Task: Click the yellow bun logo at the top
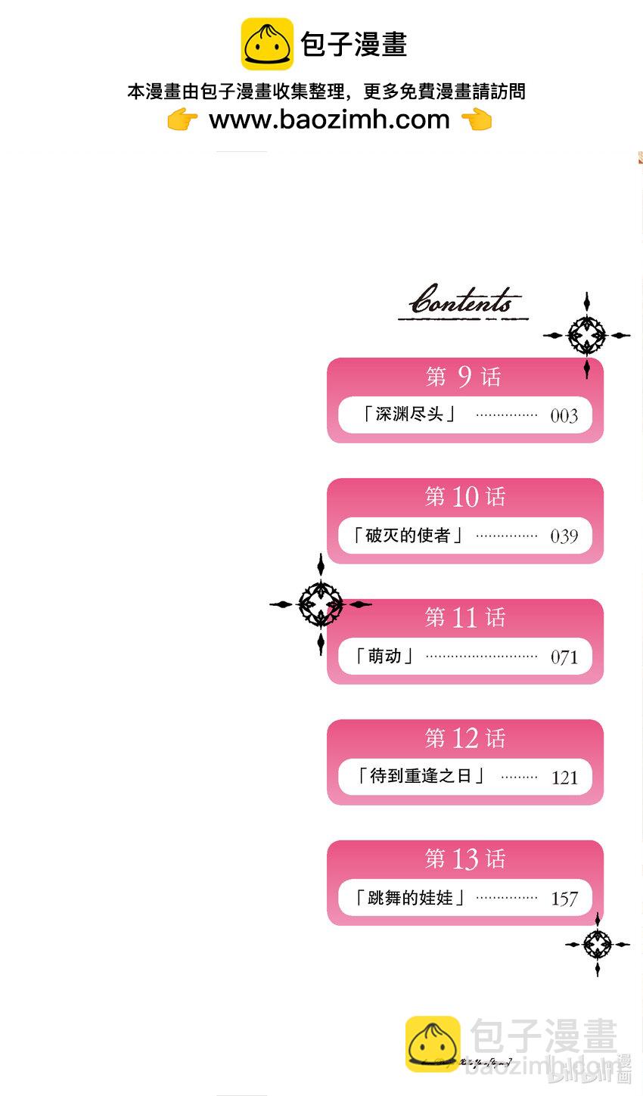point(267,44)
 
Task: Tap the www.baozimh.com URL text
point(329,119)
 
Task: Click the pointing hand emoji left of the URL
point(182,120)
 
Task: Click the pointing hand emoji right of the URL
point(477,120)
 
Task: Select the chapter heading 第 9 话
point(464,376)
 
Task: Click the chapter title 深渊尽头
point(408,414)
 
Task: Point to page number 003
point(564,415)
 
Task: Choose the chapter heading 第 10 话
point(464,497)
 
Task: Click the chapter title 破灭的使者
point(408,536)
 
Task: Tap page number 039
point(564,536)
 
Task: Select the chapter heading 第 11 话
point(464,617)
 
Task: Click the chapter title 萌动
point(384,656)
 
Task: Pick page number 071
point(564,657)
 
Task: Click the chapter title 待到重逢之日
point(420,776)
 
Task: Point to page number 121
point(564,778)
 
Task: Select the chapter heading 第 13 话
point(464,858)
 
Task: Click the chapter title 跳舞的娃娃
point(409,898)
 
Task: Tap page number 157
point(564,899)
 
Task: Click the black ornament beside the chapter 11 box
point(321,604)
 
